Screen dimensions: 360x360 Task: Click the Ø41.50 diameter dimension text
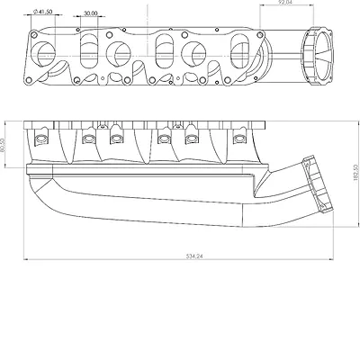point(44,12)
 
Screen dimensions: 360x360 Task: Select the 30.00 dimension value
point(90,14)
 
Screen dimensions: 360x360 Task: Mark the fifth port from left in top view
point(197,51)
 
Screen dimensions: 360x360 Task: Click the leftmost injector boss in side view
point(39,139)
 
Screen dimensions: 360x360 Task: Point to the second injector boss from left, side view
point(88,139)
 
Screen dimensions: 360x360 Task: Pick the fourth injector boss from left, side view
point(163,139)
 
